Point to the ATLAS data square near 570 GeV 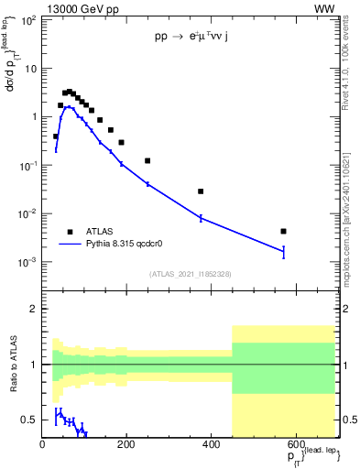pos(284,231)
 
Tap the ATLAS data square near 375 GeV pos(201,191)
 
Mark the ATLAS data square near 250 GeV pos(147,160)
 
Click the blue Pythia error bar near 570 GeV pos(284,252)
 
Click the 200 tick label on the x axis pos(127,445)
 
